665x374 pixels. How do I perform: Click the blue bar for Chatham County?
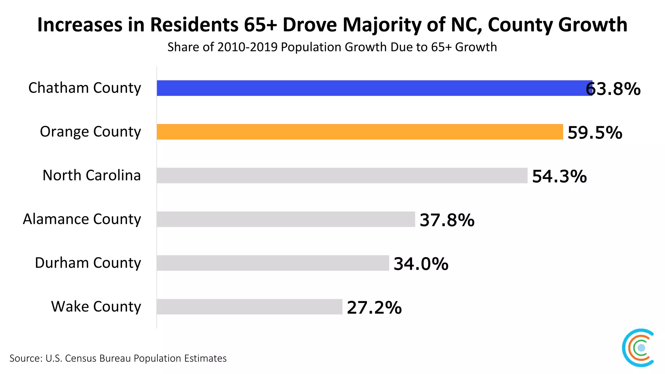(373, 88)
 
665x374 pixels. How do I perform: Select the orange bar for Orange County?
(360, 132)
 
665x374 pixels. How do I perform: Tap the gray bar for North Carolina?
(342, 175)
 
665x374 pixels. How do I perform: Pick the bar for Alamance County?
(286, 219)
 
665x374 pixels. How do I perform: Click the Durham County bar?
(273, 263)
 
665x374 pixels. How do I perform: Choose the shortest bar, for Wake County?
(249, 306)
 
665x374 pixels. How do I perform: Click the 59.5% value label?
(595, 132)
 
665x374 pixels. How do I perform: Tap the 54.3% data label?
(559, 176)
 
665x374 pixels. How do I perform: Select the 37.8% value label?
(447, 220)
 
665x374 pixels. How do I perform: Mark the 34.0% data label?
(421, 264)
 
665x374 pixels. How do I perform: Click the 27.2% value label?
(374, 307)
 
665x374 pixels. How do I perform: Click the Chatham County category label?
(85, 88)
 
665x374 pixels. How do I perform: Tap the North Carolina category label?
(92, 175)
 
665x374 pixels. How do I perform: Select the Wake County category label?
(96, 306)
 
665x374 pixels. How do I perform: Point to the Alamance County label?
(82, 219)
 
